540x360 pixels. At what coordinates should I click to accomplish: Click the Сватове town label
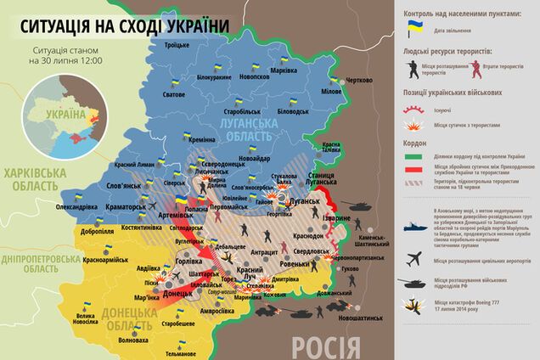point(174,94)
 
